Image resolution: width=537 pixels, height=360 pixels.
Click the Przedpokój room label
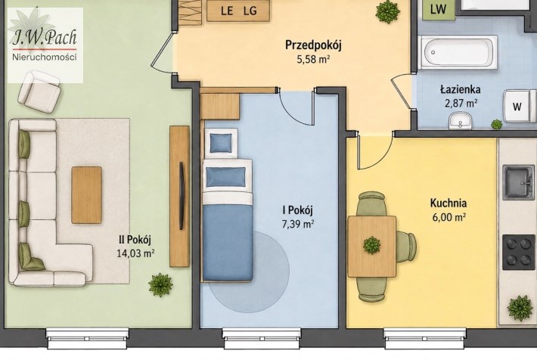click(x=313, y=45)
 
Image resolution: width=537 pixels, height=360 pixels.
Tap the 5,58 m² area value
click(x=313, y=60)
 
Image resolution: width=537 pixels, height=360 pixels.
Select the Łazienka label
click(x=460, y=89)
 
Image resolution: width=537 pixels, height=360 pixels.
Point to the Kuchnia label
click(x=449, y=203)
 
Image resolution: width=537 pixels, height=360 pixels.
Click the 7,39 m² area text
click(x=298, y=225)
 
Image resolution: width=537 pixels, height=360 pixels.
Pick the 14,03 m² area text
click(x=135, y=254)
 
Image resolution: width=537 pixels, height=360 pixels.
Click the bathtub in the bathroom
click(x=459, y=52)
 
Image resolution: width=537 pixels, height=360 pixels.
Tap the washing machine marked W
click(x=519, y=106)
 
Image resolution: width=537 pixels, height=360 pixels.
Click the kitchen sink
click(x=518, y=182)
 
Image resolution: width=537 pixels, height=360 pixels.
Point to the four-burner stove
click(x=519, y=253)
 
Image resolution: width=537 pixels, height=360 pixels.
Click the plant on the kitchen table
click(x=371, y=245)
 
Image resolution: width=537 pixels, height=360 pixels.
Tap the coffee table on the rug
click(x=87, y=195)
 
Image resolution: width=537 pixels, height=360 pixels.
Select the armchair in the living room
click(x=39, y=92)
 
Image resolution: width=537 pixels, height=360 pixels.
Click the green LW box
click(x=438, y=10)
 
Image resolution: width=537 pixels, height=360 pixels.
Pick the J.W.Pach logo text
click(x=45, y=37)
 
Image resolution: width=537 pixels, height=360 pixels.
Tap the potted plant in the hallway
click(x=388, y=12)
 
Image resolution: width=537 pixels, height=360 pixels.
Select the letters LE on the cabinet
click(x=227, y=11)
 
